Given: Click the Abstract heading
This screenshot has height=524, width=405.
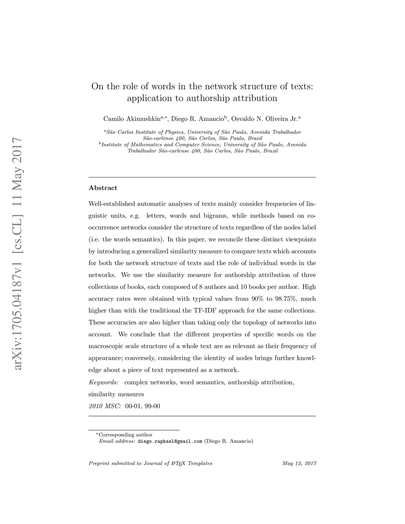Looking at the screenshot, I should [x=103, y=188].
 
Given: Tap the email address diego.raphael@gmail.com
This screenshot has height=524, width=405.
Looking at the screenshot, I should [x=170, y=441].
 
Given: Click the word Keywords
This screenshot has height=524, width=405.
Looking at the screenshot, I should [x=103, y=382].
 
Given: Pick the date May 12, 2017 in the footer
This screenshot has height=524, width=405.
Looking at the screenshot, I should [x=299, y=463].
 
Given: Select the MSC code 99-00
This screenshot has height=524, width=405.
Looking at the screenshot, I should [x=153, y=406].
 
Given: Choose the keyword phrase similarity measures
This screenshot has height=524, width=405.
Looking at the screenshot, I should [x=116, y=394].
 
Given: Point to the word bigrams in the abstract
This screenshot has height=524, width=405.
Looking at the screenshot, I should [x=216, y=216].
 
